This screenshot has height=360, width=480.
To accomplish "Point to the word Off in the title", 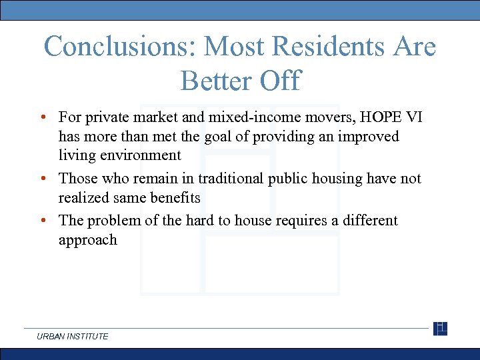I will [x=280, y=81].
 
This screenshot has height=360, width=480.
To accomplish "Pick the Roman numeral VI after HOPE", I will [x=413, y=117].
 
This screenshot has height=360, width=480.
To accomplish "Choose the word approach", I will [x=87, y=240].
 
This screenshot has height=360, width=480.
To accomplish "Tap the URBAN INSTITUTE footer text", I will [x=73, y=337].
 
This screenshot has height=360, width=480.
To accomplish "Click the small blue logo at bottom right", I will [x=440, y=329].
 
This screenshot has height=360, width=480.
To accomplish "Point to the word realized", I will [x=83, y=197].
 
